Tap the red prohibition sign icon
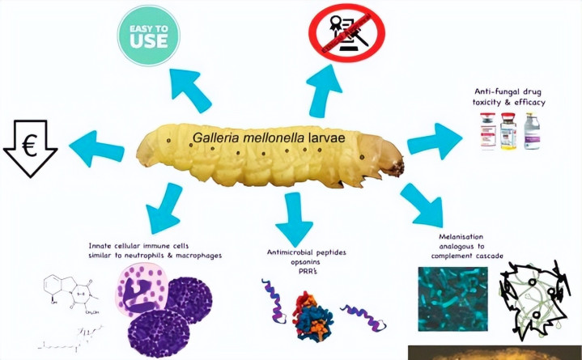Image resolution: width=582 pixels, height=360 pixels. tap(346, 35)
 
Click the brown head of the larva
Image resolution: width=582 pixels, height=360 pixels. tap(397, 166)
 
